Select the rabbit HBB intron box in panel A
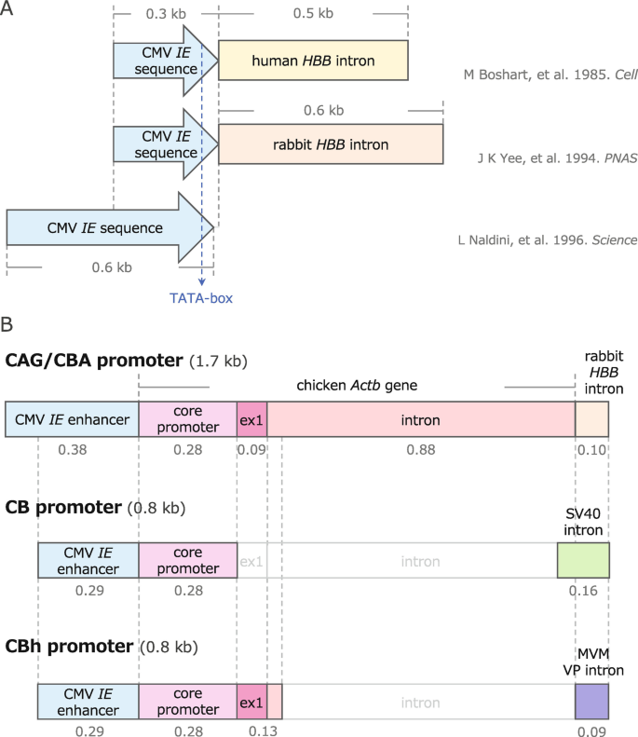click(331, 144)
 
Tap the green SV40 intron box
click(583, 561)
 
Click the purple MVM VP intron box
click(591, 700)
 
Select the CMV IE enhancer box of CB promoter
click(88, 561)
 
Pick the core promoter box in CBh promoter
click(188, 700)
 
